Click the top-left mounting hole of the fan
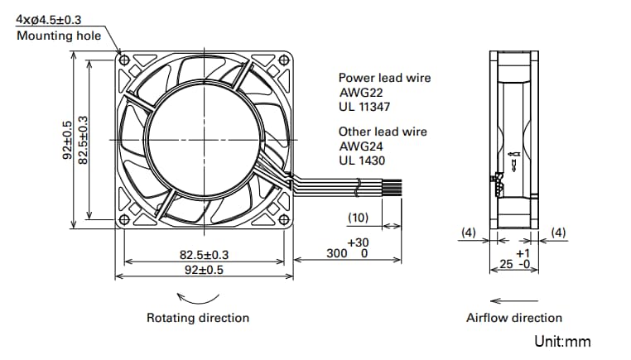point(124,61)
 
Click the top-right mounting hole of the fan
point(285,61)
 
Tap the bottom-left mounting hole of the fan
point(124,219)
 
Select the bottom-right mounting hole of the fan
point(285,219)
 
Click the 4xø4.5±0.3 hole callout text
point(48,18)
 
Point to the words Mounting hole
point(58,36)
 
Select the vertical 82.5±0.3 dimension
point(83,141)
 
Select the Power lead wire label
point(384,79)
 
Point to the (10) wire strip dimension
point(358,218)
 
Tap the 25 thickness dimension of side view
point(506,265)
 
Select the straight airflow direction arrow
point(513,300)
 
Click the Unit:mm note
point(562,341)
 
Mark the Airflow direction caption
point(513,318)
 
